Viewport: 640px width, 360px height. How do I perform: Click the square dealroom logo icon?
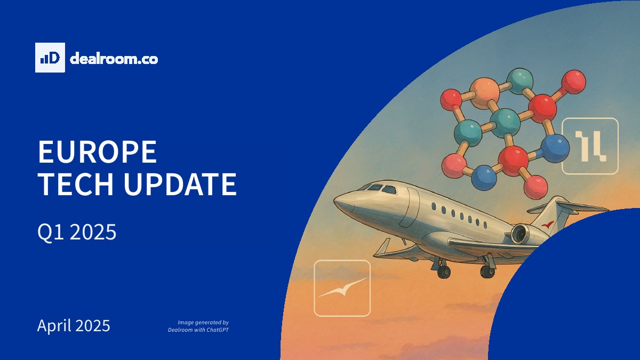click(50, 58)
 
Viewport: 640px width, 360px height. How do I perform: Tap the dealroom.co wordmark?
click(114, 59)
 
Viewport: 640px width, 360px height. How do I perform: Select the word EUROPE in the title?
click(98, 151)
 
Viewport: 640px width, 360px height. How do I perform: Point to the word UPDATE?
click(180, 184)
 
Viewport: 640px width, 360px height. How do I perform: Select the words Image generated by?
click(203, 323)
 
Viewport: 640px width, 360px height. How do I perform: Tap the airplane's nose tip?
click(334, 202)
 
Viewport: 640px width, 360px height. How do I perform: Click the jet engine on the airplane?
click(521, 234)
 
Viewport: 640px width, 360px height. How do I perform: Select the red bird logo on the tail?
click(547, 225)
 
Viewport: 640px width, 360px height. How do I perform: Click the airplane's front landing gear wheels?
click(443, 271)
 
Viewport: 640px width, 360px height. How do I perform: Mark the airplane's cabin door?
click(409, 207)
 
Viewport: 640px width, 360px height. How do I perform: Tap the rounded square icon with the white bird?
click(342, 288)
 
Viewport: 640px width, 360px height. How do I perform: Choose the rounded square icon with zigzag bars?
click(590, 146)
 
